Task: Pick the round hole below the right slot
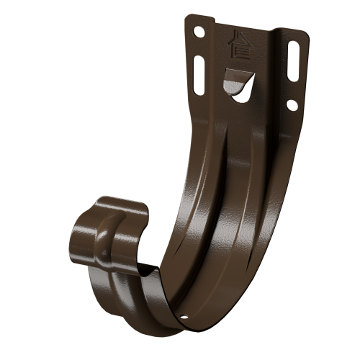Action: [x=292, y=104]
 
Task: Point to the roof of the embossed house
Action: [x=239, y=37]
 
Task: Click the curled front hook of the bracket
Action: [x=108, y=230]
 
